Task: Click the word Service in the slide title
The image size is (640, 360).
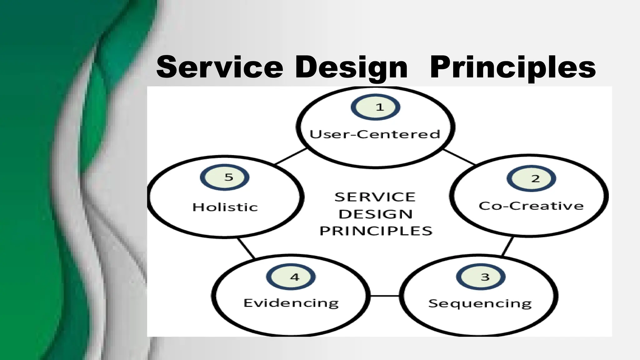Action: pos(219,67)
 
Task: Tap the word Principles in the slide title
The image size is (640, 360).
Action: pos(513,67)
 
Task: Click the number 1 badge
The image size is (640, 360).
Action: pos(375,107)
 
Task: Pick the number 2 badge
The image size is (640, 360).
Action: pos(531,178)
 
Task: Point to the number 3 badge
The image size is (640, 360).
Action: pos(481,277)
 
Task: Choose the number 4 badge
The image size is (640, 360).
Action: pos(291,277)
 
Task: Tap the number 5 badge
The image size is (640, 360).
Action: pos(225,177)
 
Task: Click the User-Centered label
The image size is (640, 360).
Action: pos(375,134)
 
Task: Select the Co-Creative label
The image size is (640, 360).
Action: pos(531,206)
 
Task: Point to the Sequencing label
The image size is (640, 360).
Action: pos(480,304)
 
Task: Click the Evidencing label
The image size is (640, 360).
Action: pos(291,303)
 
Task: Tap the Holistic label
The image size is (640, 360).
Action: pos(225,207)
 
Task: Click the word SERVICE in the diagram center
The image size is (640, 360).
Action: pos(375,197)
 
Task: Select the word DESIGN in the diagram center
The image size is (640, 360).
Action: pos(376,214)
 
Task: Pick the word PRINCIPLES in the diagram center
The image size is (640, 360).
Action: pos(376,231)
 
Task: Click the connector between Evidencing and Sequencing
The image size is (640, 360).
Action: pos(384,296)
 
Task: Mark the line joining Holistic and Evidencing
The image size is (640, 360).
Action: pos(246,248)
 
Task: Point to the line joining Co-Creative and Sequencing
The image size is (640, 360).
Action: pos(507,246)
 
